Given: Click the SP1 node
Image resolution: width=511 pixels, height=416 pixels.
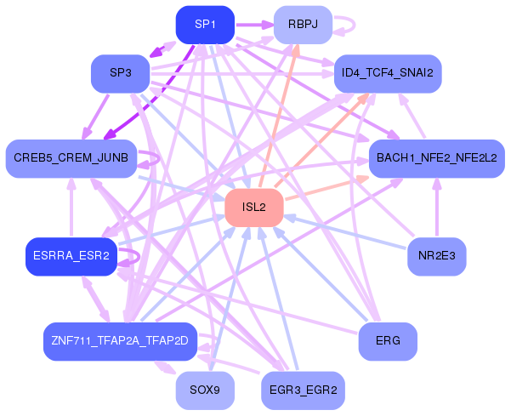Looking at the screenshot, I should pyautogui.click(x=205, y=25).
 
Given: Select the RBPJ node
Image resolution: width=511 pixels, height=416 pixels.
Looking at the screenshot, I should pyautogui.click(x=302, y=25).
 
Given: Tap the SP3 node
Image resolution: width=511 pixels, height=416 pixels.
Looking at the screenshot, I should pyautogui.click(x=120, y=73).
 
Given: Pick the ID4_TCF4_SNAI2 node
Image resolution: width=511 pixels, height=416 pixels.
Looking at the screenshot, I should pyautogui.click(x=387, y=73).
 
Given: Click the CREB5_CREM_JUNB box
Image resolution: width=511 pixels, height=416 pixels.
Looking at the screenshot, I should pyautogui.click(x=71, y=158).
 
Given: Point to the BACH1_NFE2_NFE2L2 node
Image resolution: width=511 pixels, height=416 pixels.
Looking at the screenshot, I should pyautogui.click(x=436, y=158).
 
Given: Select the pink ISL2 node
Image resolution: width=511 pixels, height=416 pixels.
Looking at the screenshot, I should pyautogui.click(x=253, y=208).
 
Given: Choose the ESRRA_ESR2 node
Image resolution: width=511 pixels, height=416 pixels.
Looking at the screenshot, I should pyautogui.click(x=71, y=256).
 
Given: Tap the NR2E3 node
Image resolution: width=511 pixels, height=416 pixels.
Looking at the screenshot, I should pyautogui.click(x=436, y=256).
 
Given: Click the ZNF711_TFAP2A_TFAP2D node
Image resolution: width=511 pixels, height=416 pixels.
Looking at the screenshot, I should pyautogui.click(x=120, y=341).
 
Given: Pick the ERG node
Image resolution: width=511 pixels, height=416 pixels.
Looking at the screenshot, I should pyautogui.click(x=387, y=341).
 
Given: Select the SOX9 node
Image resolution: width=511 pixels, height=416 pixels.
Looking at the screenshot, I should pyautogui.click(x=205, y=390).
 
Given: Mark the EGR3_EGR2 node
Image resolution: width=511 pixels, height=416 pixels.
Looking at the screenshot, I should pyautogui.click(x=302, y=390).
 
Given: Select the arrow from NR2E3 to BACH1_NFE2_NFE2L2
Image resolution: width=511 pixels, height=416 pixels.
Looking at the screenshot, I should pyautogui.click(x=436, y=208).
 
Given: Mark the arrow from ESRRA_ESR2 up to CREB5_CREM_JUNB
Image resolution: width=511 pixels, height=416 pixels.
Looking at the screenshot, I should pyautogui.click(x=71, y=208).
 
